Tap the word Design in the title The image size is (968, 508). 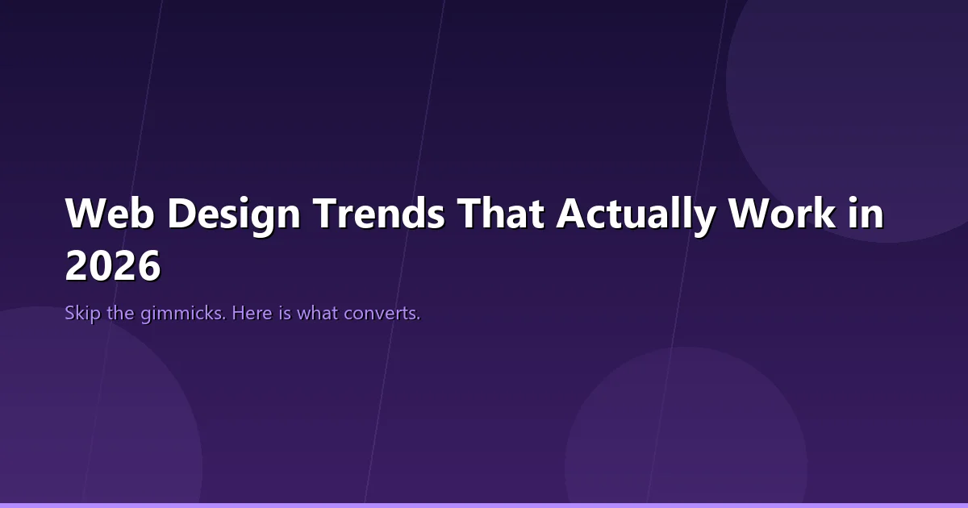pos(233,214)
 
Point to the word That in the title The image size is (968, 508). pos(501,214)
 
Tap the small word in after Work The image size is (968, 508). pos(866,214)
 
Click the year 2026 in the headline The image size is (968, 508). pos(113,266)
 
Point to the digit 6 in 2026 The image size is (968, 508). pos(148,266)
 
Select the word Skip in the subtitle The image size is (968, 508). pos(83,313)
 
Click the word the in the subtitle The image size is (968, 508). pos(121,313)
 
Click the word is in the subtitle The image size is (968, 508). pos(286,313)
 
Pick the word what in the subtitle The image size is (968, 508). pos(318,313)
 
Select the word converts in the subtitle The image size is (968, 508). pos(382,313)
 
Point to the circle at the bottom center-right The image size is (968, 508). pos(686,435)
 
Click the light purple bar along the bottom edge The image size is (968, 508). pos(484,506)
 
